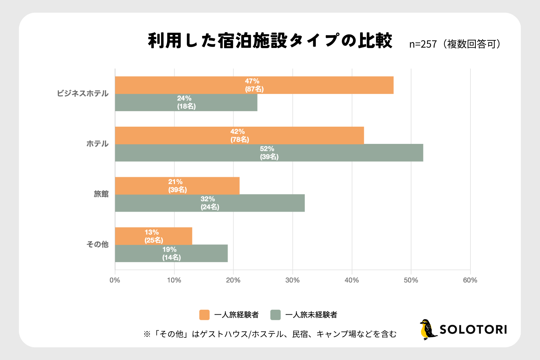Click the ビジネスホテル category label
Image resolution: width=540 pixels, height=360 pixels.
[x=83, y=94]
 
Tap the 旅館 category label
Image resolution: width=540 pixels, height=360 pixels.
[x=101, y=194]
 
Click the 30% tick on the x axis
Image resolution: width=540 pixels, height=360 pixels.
[x=292, y=280]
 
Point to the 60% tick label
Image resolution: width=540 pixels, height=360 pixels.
[x=470, y=280]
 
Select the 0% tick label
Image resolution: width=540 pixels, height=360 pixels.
[x=115, y=280]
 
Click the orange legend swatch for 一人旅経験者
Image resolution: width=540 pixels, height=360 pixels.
[x=204, y=315]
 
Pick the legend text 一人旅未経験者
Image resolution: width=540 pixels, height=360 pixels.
[x=311, y=315]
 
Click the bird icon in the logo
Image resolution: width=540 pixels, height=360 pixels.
[x=428, y=329]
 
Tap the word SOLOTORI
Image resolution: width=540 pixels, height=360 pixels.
[x=473, y=330]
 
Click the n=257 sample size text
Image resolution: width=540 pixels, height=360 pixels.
[x=423, y=44]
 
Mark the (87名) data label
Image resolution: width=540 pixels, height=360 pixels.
[x=254, y=89]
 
